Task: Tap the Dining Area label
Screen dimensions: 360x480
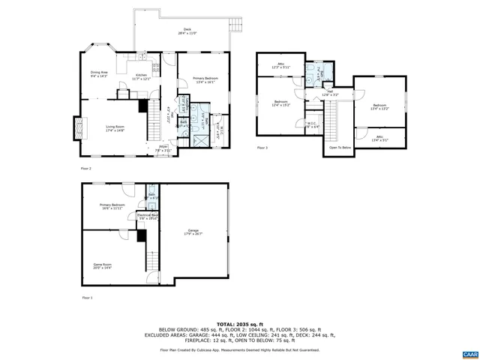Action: pos(99,74)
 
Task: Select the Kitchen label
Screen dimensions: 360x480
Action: pos(142,76)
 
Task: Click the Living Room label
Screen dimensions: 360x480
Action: pos(115,128)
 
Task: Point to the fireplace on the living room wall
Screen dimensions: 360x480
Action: pos(75,128)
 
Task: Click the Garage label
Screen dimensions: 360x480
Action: pos(193,232)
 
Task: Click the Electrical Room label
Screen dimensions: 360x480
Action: pos(148,216)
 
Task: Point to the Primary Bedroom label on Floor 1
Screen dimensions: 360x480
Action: pos(109,206)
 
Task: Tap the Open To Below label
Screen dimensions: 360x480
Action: pos(340,148)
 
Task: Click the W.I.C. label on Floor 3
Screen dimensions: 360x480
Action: pos(313,126)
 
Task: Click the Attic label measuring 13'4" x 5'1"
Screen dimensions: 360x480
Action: pos(380,138)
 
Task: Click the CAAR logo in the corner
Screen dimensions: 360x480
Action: pos(469,352)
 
